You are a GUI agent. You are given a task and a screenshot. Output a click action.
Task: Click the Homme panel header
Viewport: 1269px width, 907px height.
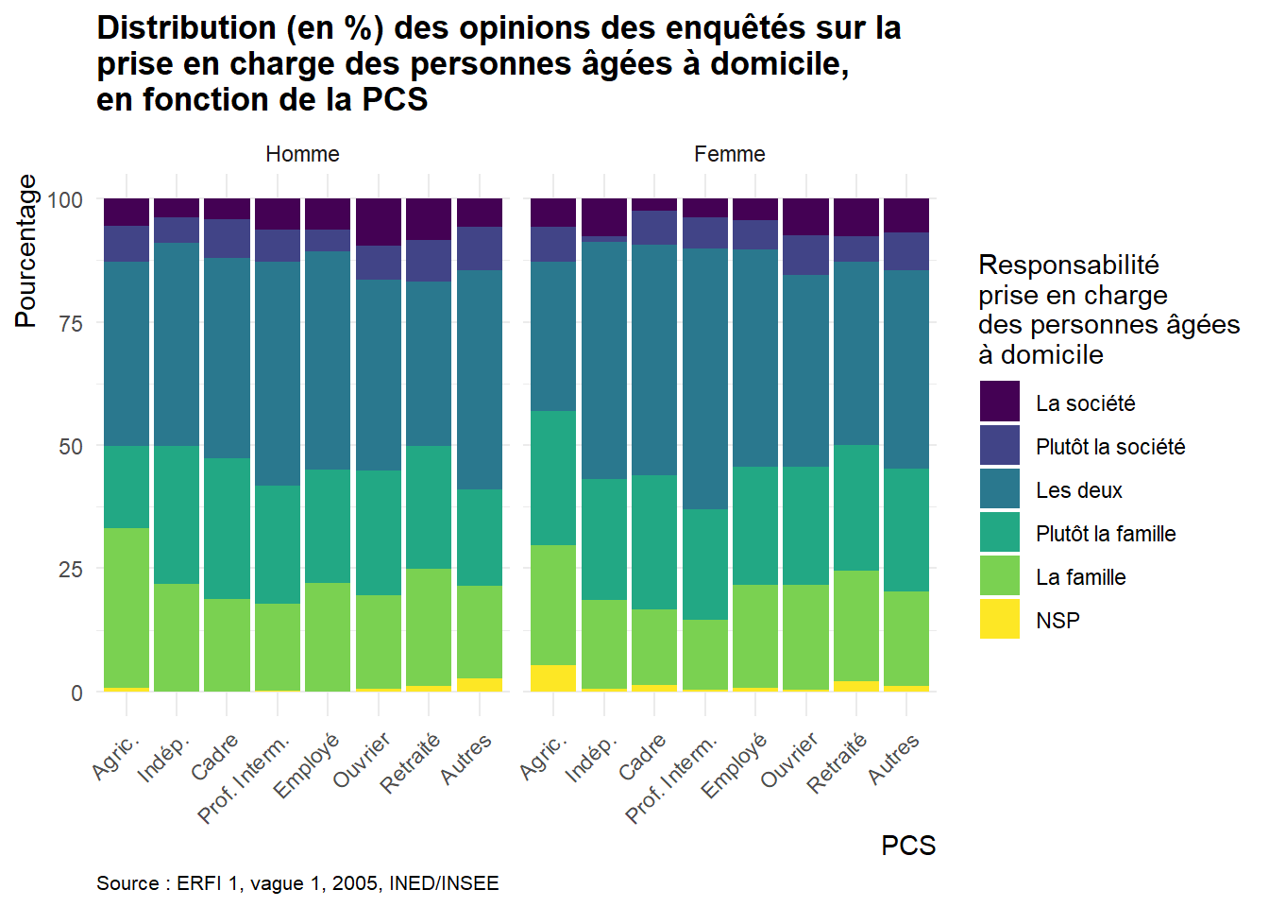pos(302,154)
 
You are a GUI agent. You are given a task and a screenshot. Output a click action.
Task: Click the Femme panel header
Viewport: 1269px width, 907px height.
pos(729,154)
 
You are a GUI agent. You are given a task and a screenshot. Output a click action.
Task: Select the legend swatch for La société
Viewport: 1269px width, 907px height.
pos(1000,402)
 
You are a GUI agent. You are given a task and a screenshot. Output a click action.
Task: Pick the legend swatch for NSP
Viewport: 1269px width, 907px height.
pos(1000,619)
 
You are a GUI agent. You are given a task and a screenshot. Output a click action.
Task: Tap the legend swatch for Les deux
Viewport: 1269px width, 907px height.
pos(1000,488)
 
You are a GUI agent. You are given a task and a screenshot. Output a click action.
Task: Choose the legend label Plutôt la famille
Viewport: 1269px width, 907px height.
pos(1105,534)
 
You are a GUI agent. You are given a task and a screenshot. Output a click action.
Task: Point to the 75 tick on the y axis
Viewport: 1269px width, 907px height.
pos(71,323)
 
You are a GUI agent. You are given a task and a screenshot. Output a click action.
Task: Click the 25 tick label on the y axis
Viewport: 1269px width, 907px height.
pos(71,570)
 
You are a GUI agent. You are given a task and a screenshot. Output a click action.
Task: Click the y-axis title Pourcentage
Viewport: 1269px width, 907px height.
pos(25,251)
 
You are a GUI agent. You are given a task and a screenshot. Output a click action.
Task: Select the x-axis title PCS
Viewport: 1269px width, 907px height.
pos(907,846)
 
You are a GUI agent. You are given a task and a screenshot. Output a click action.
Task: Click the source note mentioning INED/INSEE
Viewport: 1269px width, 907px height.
pos(297,883)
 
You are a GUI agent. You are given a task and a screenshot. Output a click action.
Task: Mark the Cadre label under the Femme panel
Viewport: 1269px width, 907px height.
pos(644,756)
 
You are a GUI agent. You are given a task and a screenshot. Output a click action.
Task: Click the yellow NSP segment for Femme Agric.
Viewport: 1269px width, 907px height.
pos(553,678)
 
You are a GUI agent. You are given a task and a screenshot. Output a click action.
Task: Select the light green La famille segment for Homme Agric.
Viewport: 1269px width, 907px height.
pos(127,608)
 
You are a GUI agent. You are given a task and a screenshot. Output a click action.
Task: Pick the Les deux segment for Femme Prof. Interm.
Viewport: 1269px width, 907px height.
pos(705,379)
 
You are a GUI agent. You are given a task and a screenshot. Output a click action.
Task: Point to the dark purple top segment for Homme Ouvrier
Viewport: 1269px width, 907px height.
pos(379,222)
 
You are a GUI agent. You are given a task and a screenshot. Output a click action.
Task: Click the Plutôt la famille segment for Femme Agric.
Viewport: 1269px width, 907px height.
pos(553,478)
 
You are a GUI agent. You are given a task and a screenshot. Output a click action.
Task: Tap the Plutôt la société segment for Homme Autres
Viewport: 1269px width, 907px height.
pos(480,248)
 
